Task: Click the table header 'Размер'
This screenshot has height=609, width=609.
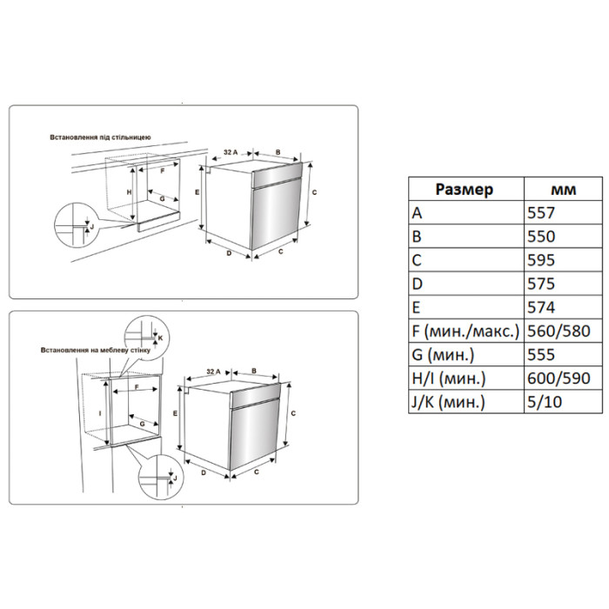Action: pos(464,190)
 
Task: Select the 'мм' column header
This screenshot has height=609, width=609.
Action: pos(563,190)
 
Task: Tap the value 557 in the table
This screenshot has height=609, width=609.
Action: pos(541,213)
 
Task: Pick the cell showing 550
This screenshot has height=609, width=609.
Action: pos(541,237)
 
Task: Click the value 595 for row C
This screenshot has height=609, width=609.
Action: pos(541,260)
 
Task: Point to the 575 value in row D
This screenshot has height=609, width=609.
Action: pos(541,284)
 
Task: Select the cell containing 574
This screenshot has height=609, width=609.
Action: pos(541,308)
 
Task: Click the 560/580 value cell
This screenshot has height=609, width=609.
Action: pos(559,331)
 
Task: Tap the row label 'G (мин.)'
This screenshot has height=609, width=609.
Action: pos(443,355)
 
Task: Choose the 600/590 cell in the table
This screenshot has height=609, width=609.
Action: pos(559,378)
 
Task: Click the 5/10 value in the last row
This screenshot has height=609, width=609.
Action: pos(545,402)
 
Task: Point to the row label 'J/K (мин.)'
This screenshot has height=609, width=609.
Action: pos(449,402)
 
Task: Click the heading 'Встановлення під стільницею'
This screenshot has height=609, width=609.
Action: pos(100,137)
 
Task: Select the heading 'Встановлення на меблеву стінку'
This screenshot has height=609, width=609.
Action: pos(96,351)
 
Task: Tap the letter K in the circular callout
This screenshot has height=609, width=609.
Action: pos(160,338)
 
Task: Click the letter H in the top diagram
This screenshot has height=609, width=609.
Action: pos(130,192)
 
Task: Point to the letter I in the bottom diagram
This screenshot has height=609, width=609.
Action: pos(100,413)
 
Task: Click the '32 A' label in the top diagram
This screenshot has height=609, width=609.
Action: pos(231,152)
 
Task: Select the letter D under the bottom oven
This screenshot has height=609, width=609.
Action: pos(203,472)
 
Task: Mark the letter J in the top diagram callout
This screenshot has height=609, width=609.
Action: pos(92,226)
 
